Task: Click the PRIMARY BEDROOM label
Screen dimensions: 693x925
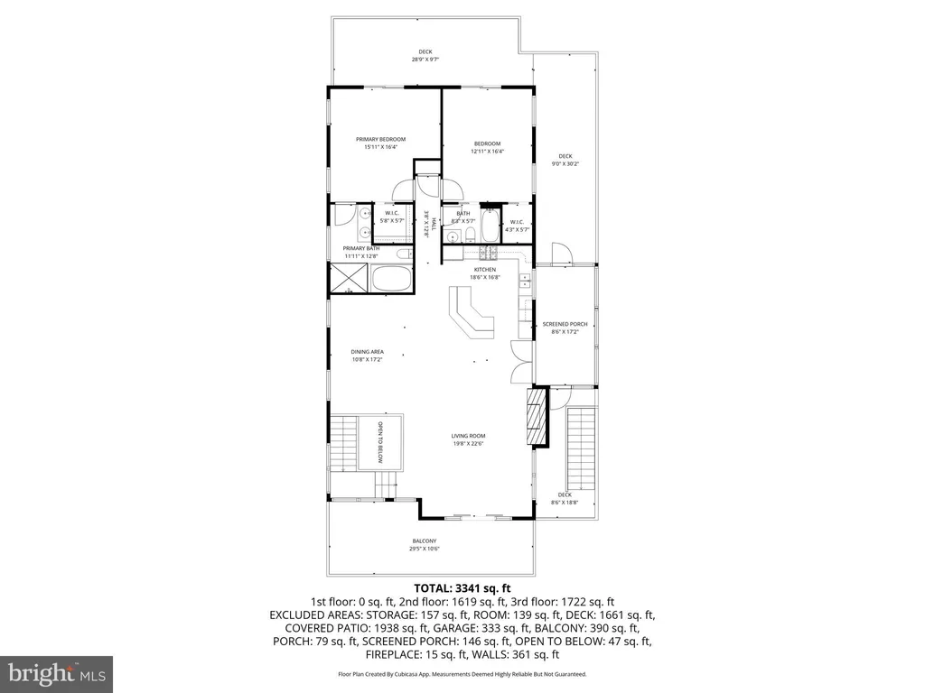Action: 380,139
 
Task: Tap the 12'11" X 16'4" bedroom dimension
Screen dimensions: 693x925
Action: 487,152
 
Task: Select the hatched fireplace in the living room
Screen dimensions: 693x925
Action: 538,417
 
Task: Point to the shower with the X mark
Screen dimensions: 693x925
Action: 348,279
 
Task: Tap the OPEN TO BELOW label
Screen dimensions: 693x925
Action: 381,442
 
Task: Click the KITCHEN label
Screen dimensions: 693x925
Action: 485,270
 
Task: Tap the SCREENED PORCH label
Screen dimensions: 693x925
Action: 565,324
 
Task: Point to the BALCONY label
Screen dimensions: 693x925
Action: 425,541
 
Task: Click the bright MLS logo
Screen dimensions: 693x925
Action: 56,672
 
